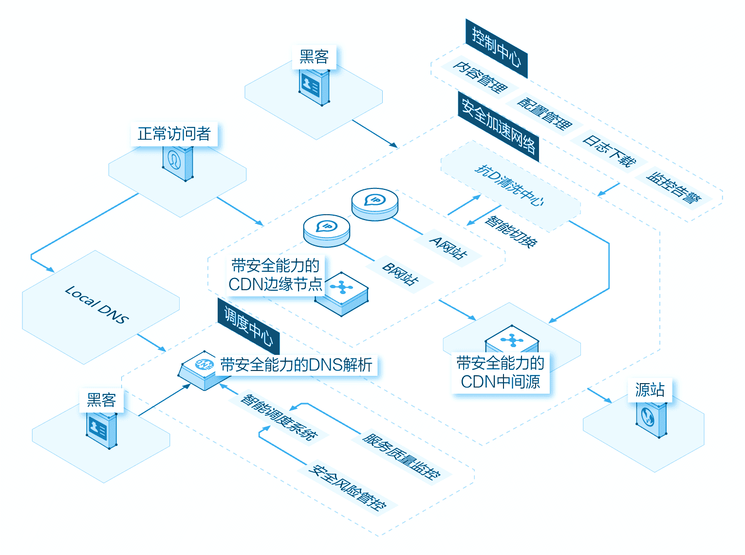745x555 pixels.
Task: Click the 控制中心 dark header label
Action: (497, 48)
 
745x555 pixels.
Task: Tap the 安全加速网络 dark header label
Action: (499, 127)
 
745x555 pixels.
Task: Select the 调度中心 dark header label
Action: (248, 326)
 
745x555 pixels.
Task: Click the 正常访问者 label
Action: (174, 134)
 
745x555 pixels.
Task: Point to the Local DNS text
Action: (97, 304)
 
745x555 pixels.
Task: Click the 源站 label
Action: (650, 389)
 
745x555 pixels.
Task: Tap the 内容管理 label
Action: (480, 77)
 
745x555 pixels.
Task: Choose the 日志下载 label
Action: (609, 151)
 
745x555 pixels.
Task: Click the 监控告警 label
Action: (674, 188)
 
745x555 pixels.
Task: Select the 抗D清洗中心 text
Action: (509, 185)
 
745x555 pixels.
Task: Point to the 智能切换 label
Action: (511, 232)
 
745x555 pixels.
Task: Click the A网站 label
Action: (448, 248)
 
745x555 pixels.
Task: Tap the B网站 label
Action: (400, 274)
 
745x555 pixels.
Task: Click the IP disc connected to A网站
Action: (375, 204)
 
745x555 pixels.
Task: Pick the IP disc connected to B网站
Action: (326, 230)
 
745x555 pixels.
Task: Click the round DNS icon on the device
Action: (205, 364)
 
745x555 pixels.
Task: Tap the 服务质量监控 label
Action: (401, 456)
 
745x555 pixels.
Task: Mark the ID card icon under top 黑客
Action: (314, 87)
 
